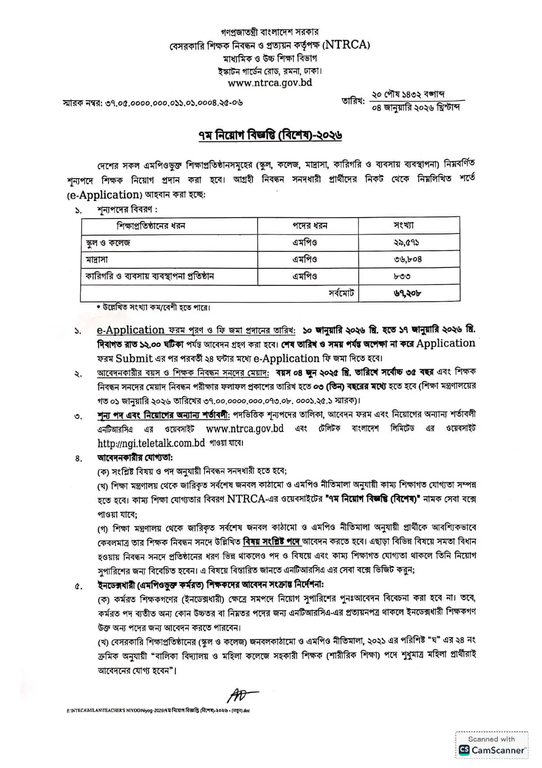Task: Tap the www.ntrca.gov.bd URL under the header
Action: point(270,83)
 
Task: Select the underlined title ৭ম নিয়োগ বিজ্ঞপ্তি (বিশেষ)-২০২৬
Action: point(270,136)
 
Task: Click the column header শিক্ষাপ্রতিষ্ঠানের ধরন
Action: point(151,226)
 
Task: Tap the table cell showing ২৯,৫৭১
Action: point(406,242)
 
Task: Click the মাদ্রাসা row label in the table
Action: point(97,260)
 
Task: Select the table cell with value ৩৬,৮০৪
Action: point(407,260)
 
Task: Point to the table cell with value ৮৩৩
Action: point(402,277)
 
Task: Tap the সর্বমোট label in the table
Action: point(341,293)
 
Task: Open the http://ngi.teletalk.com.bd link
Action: point(151,443)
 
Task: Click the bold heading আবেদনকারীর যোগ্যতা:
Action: point(135,458)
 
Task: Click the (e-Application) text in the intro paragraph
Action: point(105,195)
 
